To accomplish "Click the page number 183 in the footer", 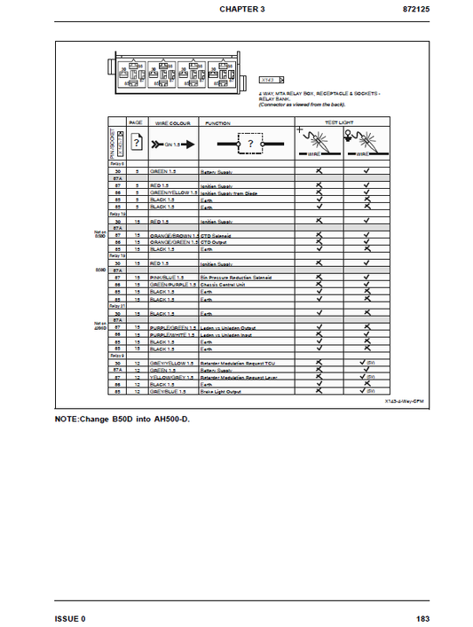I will (424, 617).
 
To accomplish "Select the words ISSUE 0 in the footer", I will (70, 617).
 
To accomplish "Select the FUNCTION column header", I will (218, 122).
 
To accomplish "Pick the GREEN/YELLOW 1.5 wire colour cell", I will (173, 192).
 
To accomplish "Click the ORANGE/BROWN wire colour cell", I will (173, 235).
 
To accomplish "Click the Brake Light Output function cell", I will (222, 391).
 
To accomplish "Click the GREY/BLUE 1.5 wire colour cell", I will (171, 391).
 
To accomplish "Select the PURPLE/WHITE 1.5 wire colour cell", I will (173, 334).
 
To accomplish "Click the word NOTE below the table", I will (70, 418).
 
